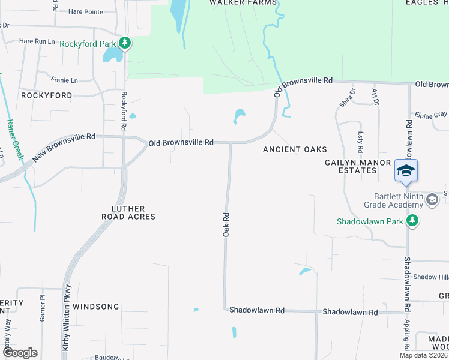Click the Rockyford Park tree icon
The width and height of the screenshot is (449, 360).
click(125, 43)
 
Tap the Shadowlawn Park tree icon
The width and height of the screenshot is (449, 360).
click(412, 221)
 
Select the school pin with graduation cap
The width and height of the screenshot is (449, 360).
click(406, 171)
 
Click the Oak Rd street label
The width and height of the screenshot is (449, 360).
click(226, 223)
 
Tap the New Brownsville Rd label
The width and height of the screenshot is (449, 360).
click(64, 147)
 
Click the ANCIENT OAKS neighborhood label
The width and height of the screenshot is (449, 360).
click(295, 149)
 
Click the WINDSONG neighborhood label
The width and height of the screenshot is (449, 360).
click(96, 307)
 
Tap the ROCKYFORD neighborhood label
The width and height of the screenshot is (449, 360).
click(46, 95)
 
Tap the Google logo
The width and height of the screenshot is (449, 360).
click(20, 352)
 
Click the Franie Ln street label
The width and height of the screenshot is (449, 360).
click(64, 80)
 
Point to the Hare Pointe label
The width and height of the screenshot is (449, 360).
click(85, 11)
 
